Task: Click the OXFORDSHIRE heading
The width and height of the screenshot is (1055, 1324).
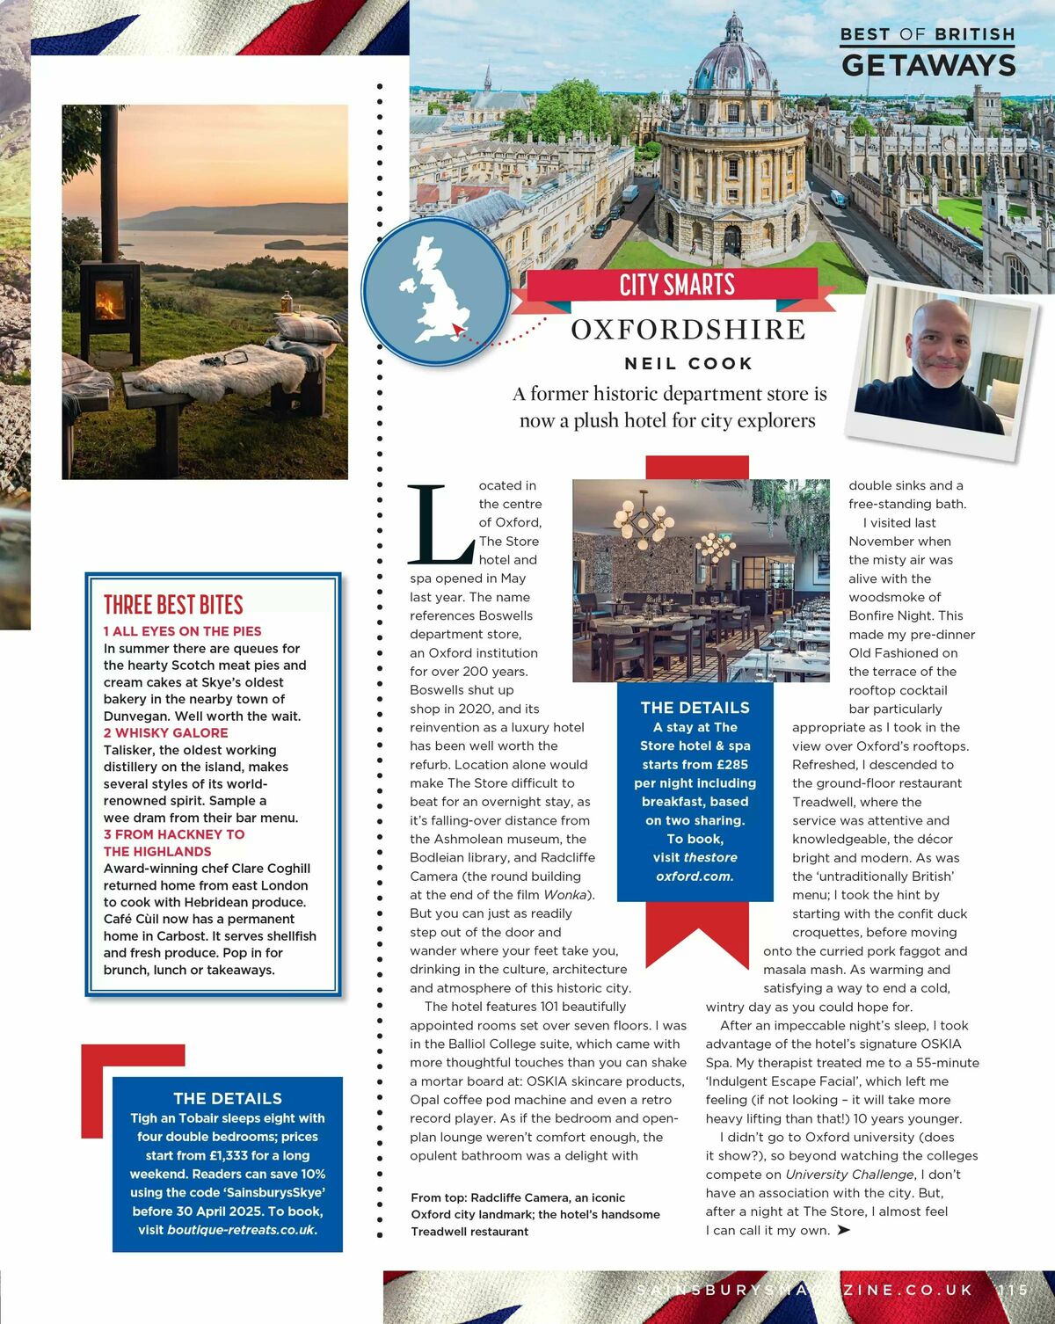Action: (x=688, y=330)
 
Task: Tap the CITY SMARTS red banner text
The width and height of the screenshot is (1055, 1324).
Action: (x=677, y=285)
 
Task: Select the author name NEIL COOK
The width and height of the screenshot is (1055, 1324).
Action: (x=688, y=364)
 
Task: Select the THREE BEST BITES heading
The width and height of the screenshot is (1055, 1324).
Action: (x=173, y=605)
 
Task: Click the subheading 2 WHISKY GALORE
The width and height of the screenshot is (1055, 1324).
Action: (x=165, y=733)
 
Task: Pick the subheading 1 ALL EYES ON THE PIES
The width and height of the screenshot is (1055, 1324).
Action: (x=182, y=631)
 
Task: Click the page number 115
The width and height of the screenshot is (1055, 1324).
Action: (x=1013, y=1290)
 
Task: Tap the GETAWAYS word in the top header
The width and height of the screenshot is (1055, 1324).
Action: (x=928, y=65)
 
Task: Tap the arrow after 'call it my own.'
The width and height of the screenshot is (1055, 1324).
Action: (x=844, y=1230)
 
